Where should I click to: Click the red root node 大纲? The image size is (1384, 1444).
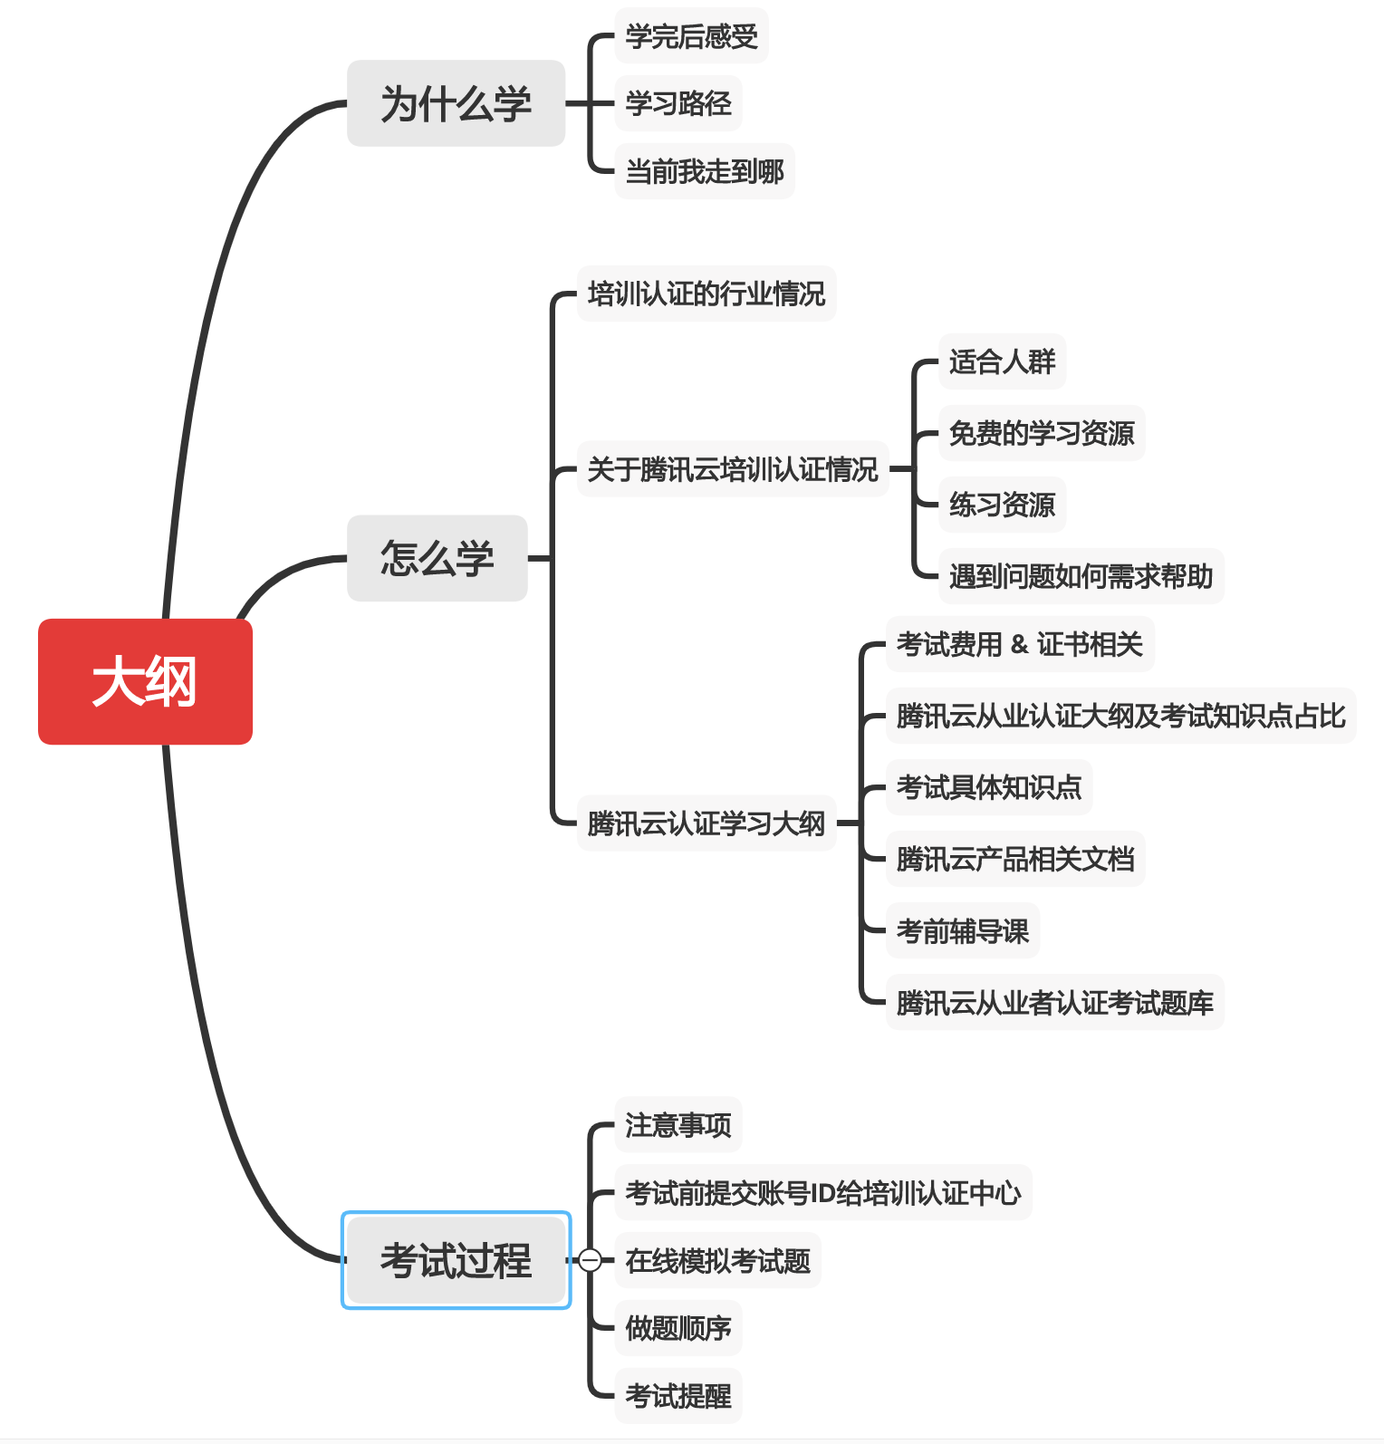(x=145, y=681)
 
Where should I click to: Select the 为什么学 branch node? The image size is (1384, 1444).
(x=456, y=103)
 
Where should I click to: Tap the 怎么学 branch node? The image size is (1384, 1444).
(x=437, y=558)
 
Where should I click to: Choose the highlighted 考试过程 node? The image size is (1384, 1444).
(x=456, y=1260)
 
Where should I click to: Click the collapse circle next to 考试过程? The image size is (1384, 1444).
(x=590, y=1260)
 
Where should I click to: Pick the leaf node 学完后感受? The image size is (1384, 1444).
(x=691, y=36)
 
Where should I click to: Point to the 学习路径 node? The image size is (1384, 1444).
(x=678, y=103)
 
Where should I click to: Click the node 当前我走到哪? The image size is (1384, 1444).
(x=704, y=171)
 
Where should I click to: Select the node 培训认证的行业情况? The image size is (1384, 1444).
(x=706, y=294)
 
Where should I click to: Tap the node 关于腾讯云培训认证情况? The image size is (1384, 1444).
(x=732, y=469)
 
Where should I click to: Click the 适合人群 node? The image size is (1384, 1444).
(x=1002, y=362)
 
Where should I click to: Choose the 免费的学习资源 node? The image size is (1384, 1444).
(x=1041, y=433)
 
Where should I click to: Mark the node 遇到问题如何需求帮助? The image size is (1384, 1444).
(x=1081, y=576)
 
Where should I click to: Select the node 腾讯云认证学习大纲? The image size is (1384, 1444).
(x=706, y=823)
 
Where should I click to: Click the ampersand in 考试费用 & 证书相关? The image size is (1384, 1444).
(x=1020, y=644)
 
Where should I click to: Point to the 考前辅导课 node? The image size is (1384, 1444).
(x=962, y=930)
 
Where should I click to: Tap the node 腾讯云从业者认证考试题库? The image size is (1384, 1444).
(x=1054, y=1003)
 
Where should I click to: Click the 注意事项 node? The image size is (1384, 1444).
(x=678, y=1125)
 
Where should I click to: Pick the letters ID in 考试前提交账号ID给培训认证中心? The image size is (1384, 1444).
(x=823, y=1193)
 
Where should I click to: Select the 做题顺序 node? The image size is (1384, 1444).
(x=678, y=1328)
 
